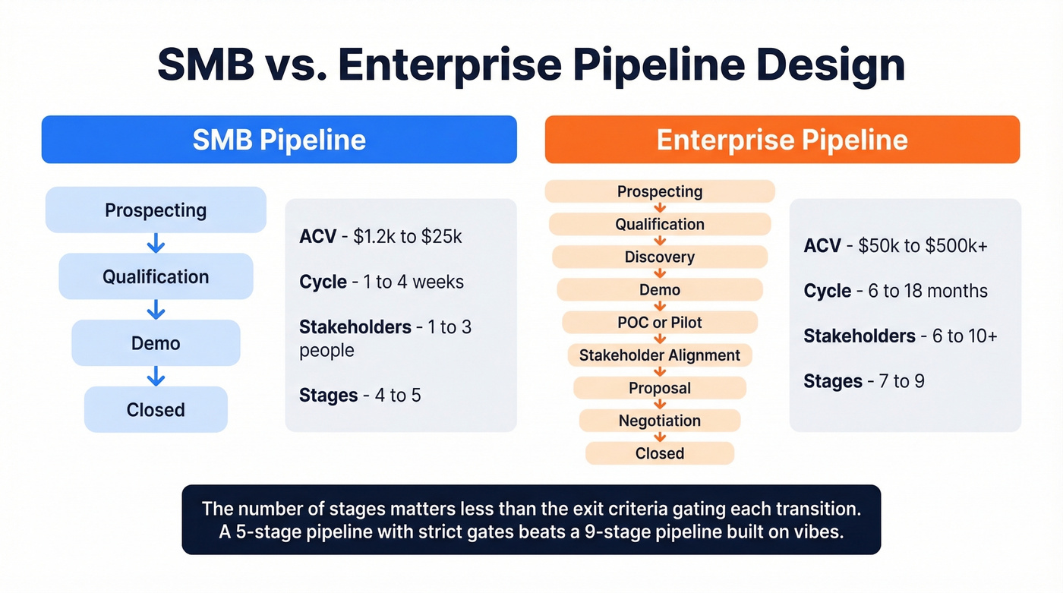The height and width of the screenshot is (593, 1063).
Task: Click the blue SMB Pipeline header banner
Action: pyautogui.click(x=279, y=140)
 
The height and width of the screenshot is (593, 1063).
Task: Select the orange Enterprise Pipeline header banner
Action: pyautogui.click(x=782, y=140)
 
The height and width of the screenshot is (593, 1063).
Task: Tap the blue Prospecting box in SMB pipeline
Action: pyautogui.click(x=156, y=210)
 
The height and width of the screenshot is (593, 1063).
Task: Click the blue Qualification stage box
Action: pyautogui.click(x=156, y=276)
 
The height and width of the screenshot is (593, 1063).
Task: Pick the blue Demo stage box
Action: pyautogui.click(x=156, y=343)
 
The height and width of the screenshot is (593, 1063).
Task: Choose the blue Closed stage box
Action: pyautogui.click(x=156, y=410)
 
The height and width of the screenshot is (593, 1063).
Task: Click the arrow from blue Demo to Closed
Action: pyautogui.click(x=156, y=376)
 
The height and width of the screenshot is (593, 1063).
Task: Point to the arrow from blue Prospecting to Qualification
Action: pyautogui.click(x=156, y=243)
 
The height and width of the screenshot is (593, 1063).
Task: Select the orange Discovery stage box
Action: pyautogui.click(x=659, y=257)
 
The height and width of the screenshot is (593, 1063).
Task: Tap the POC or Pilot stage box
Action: pyautogui.click(x=659, y=322)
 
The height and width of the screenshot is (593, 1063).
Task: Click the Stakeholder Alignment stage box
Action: pyautogui.click(x=659, y=355)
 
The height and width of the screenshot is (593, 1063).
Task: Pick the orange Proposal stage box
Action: pyautogui.click(x=659, y=388)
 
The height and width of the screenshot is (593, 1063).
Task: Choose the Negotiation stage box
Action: pyautogui.click(x=659, y=421)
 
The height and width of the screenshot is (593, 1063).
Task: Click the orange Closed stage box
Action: pyautogui.click(x=659, y=453)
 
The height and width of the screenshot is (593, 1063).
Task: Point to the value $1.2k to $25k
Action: pyautogui.click(x=408, y=236)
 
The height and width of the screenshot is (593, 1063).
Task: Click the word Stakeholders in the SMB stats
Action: pyautogui.click(x=355, y=327)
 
